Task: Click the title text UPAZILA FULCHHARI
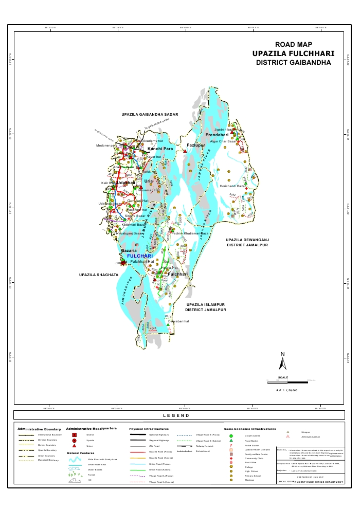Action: click(293, 53)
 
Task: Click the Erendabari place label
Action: click(217, 135)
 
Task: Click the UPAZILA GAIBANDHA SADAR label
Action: click(150, 114)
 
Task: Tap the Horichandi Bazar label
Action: click(233, 186)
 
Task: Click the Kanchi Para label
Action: click(160, 149)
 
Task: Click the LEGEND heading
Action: click(176, 415)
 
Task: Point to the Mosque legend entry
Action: click(303, 432)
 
